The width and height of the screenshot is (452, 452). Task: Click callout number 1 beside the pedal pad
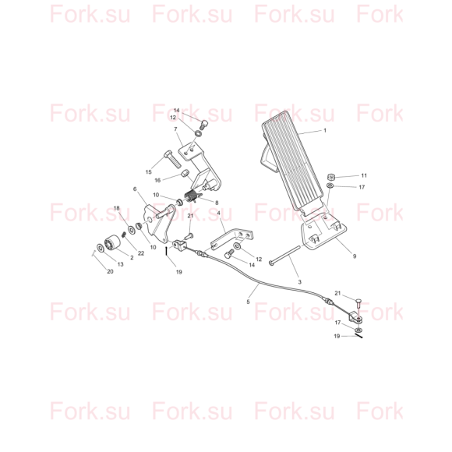pyautogui.click(x=325, y=131)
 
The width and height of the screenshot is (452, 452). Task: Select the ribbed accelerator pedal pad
pyautogui.click(x=292, y=161)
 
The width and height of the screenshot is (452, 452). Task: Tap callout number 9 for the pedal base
pyautogui.click(x=355, y=256)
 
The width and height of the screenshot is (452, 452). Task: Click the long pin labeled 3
pyautogui.click(x=284, y=254)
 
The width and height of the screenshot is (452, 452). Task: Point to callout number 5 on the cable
pyautogui.click(x=248, y=302)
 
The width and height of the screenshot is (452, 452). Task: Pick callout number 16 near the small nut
pyautogui.click(x=157, y=181)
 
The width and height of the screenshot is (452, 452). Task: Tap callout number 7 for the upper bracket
pyautogui.click(x=175, y=129)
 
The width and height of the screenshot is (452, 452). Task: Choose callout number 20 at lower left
pyautogui.click(x=110, y=271)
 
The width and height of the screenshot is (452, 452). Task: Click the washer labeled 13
pyautogui.click(x=101, y=247)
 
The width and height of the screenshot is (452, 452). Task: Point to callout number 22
pyautogui.click(x=141, y=253)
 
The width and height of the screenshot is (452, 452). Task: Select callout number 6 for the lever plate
pyautogui.click(x=135, y=189)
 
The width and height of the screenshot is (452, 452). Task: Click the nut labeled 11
pyautogui.click(x=330, y=176)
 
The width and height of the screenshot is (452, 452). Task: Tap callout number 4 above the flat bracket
pyautogui.click(x=218, y=214)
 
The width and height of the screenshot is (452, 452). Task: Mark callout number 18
pyautogui.click(x=116, y=208)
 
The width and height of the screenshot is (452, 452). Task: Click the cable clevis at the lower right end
pyautogui.click(x=355, y=318)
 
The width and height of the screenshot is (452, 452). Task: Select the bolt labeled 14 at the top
pyautogui.click(x=204, y=125)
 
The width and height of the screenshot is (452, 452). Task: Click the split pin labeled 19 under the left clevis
pyautogui.click(x=167, y=251)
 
